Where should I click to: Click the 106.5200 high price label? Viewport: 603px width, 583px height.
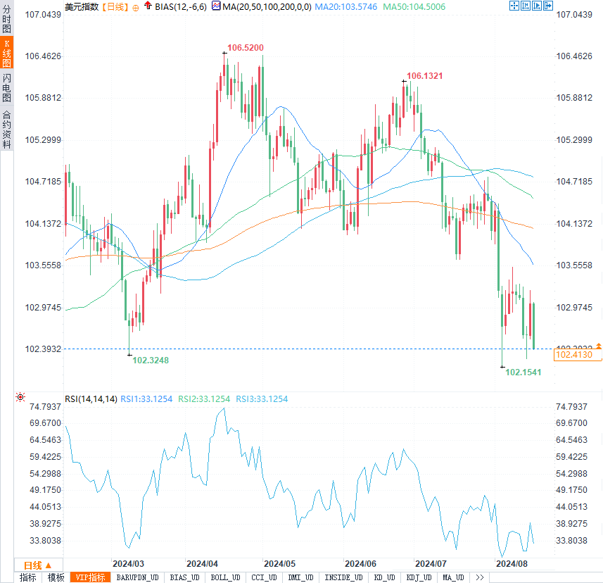[246, 48]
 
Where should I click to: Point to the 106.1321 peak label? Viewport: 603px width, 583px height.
[425, 76]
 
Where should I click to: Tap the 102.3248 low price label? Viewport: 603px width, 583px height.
[151, 360]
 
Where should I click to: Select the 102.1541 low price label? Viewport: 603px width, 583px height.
[523, 372]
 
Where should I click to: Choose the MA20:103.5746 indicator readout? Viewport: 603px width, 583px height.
[346, 6]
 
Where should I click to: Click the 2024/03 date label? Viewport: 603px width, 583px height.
[129, 564]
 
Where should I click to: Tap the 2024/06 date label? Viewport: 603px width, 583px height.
[360, 564]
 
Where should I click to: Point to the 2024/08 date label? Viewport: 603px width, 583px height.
[512, 564]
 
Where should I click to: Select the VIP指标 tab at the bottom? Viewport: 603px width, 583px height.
[91, 577]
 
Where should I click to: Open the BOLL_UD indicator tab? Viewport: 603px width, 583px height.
[224, 577]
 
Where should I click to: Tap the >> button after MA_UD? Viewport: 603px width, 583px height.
[480, 577]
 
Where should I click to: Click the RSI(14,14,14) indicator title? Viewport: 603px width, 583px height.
[91, 399]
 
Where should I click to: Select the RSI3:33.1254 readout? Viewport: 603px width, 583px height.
[262, 399]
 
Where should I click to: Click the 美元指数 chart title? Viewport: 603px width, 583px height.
[82, 6]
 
